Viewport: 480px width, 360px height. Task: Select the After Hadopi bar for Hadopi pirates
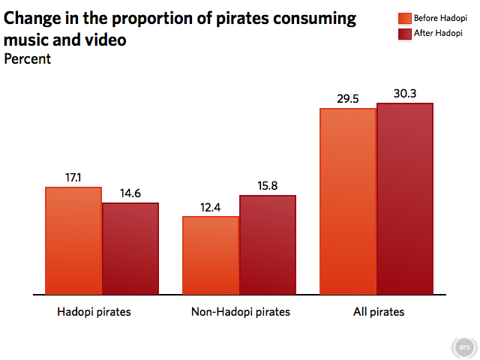130,248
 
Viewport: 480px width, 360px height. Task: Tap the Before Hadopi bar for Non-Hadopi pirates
211,255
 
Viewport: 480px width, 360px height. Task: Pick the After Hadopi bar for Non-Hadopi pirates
268,244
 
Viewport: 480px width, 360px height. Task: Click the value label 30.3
405,94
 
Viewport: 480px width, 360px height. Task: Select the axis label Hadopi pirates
94,312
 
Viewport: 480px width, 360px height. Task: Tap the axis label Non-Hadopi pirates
239,312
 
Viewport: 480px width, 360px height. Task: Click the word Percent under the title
28,59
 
